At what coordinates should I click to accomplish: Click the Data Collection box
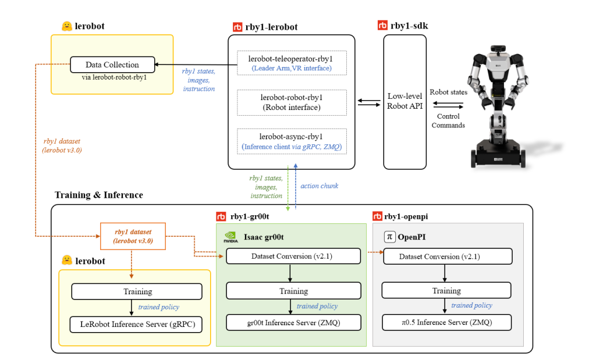coord(112,65)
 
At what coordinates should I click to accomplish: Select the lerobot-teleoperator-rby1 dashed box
coord(292,63)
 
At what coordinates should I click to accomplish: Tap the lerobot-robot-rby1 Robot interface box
coord(292,102)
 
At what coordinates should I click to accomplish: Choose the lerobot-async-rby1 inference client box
coord(292,141)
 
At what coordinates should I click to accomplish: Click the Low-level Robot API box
coord(405,102)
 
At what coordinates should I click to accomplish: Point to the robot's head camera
coord(498,49)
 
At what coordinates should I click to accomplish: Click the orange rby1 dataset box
coord(133,236)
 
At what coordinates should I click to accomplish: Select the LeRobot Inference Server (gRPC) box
coord(136,325)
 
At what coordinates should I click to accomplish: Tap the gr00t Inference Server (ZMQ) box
coord(293,323)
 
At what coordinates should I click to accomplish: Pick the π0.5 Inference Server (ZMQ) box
coord(446,322)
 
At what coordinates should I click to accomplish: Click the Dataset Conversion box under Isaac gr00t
coord(293,256)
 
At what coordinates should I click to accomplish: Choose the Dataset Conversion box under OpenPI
coord(448,256)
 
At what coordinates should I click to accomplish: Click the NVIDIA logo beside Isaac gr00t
coord(230,237)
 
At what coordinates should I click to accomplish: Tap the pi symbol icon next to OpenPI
coord(389,237)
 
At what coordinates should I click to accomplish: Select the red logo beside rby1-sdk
coord(382,25)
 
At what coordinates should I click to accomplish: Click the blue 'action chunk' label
coord(320,186)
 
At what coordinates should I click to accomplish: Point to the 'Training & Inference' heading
coord(99,195)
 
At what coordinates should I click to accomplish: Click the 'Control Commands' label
coord(448,121)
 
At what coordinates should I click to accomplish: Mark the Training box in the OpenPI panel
coord(446,291)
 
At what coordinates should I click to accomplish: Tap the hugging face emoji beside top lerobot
coord(67,26)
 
